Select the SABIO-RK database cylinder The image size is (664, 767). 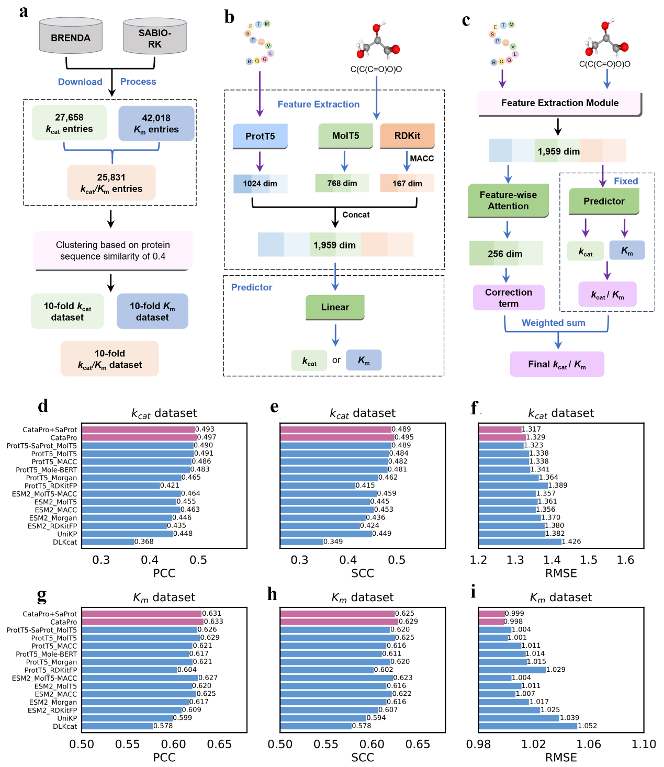[x=154, y=38]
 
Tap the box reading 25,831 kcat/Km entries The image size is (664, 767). [x=111, y=183]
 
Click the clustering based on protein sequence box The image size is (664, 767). [x=112, y=251]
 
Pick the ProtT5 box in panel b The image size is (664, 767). [x=260, y=136]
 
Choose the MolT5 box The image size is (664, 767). [x=345, y=136]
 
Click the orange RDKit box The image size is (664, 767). [x=407, y=136]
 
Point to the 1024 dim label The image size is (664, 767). [x=260, y=184]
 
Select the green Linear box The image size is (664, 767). [x=335, y=307]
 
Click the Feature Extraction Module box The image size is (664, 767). [x=559, y=103]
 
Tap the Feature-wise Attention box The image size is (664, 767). [x=508, y=200]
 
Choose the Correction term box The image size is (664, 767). [x=509, y=298]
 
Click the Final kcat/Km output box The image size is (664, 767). [x=557, y=364]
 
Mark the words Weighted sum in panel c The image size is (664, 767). [x=553, y=323]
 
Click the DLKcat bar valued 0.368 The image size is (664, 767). [x=108, y=542]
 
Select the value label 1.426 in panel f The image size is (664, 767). [x=571, y=542]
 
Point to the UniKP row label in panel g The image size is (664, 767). [x=67, y=718]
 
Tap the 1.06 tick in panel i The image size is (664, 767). [x=589, y=744]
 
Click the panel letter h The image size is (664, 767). [x=272, y=594]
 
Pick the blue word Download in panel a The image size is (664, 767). [x=80, y=82]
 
